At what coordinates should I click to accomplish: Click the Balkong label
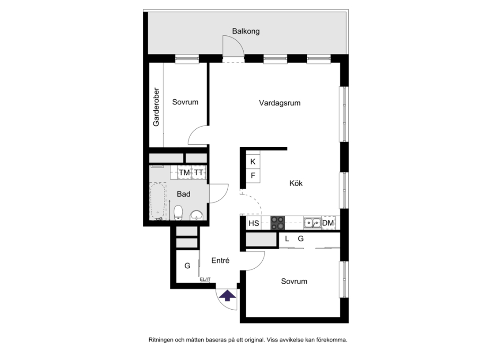click(x=245, y=31)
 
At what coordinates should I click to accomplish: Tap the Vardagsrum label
click(x=280, y=103)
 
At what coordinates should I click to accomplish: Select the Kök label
click(x=296, y=183)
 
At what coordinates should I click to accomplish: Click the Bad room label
click(x=184, y=194)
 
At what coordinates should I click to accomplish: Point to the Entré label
click(x=220, y=260)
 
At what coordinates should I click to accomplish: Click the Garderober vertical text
click(x=156, y=107)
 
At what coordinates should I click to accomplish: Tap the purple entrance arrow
click(x=227, y=296)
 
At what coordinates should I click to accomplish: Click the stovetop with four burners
click(x=278, y=223)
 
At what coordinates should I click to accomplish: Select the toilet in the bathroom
click(x=178, y=213)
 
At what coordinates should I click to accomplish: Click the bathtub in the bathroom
click(x=158, y=202)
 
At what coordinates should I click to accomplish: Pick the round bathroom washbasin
click(x=196, y=215)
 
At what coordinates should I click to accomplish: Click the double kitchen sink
click(x=312, y=223)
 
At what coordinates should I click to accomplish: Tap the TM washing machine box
click(x=185, y=172)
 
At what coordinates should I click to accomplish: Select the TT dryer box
click(x=199, y=172)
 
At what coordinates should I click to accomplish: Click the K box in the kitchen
click(x=253, y=161)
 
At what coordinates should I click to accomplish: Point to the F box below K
click(x=253, y=176)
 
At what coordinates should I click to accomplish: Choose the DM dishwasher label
click(x=328, y=223)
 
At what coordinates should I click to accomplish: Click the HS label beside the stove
click(x=254, y=223)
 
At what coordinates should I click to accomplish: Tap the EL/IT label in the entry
click(x=205, y=279)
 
